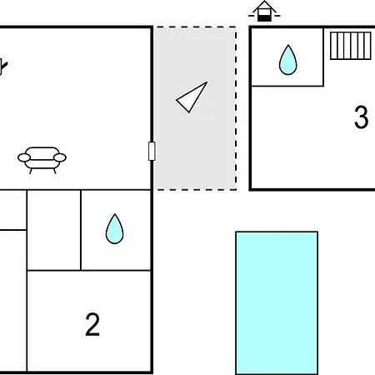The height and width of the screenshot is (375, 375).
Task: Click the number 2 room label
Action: click(x=92, y=324)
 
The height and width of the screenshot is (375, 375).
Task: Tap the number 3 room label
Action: click(x=362, y=117)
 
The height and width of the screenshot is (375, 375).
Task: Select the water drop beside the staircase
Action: click(x=287, y=60)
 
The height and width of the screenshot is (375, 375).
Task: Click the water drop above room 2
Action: click(x=114, y=229)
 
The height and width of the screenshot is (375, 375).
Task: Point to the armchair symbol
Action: click(x=42, y=160)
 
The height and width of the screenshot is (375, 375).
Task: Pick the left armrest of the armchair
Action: click(x=24, y=157)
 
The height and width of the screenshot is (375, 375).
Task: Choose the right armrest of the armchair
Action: click(x=60, y=157)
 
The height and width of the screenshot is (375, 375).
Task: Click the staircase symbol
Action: click(x=351, y=46)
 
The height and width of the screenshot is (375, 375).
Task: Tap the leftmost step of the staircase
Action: click(x=333, y=46)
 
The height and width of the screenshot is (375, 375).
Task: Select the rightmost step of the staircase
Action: click(x=367, y=46)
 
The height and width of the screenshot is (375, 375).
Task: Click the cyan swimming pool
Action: click(x=277, y=303)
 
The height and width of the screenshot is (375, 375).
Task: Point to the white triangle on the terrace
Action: click(x=192, y=97)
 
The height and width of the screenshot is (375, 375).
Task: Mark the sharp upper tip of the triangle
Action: click(x=207, y=82)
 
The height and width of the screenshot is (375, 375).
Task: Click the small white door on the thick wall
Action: click(x=152, y=151)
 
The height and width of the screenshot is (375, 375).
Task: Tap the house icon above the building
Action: click(x=264, y=11)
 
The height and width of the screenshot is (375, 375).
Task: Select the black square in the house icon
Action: click(x=264, y=18)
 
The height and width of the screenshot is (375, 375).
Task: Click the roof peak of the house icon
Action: click(x=264, y=2)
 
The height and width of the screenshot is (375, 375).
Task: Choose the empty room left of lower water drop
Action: click(x=54, y=230)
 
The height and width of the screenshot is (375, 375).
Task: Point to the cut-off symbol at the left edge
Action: click(x=3, y=67)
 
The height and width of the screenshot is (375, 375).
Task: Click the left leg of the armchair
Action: click(x=31, y=171)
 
